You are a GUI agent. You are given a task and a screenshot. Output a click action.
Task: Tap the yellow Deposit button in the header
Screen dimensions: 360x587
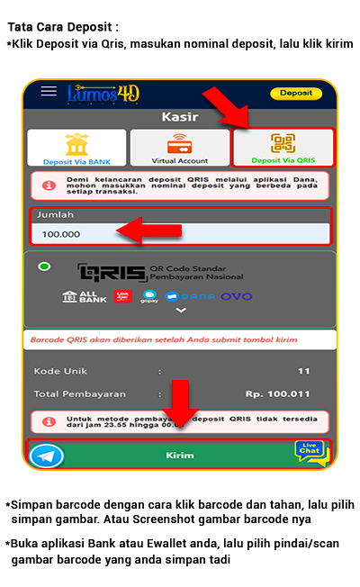[x=295, y=93]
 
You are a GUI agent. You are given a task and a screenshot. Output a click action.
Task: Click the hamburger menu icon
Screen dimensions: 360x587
[x=49, y=93]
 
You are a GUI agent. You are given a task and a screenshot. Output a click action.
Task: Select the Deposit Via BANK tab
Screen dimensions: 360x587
[x=76, y=148]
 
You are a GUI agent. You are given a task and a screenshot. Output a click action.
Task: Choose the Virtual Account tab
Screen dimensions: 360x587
[x=179, y=148]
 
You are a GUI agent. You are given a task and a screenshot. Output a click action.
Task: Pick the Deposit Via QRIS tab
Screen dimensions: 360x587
[x=283, y=148]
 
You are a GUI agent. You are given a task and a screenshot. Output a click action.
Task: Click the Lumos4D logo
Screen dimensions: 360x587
[x=103, y=94]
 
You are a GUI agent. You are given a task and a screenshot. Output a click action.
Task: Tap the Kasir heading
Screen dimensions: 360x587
[x=179, y=116]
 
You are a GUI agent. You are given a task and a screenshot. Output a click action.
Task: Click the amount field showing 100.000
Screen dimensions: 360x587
[x=180, y=234]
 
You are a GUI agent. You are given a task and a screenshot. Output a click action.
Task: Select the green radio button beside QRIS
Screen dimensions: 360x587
[x=44, y=267]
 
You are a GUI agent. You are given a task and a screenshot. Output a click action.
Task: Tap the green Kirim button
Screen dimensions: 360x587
[x=180, y=456]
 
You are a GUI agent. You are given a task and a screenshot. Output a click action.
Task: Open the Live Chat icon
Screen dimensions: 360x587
[x=310, y=452]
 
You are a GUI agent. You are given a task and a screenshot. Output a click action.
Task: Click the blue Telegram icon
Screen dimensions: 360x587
[x=47, y=456]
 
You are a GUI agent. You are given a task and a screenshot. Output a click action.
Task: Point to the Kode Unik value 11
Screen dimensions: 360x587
[x=303, y=371]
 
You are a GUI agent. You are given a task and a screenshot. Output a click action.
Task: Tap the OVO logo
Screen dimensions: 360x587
[x=237, y=296]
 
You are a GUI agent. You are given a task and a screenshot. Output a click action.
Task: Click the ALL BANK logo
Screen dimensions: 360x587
[x=85, y=296]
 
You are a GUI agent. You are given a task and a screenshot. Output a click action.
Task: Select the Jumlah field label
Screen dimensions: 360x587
[x=55, y=215]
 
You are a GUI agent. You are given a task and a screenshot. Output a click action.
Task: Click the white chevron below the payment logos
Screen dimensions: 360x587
[x=181, y=311]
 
